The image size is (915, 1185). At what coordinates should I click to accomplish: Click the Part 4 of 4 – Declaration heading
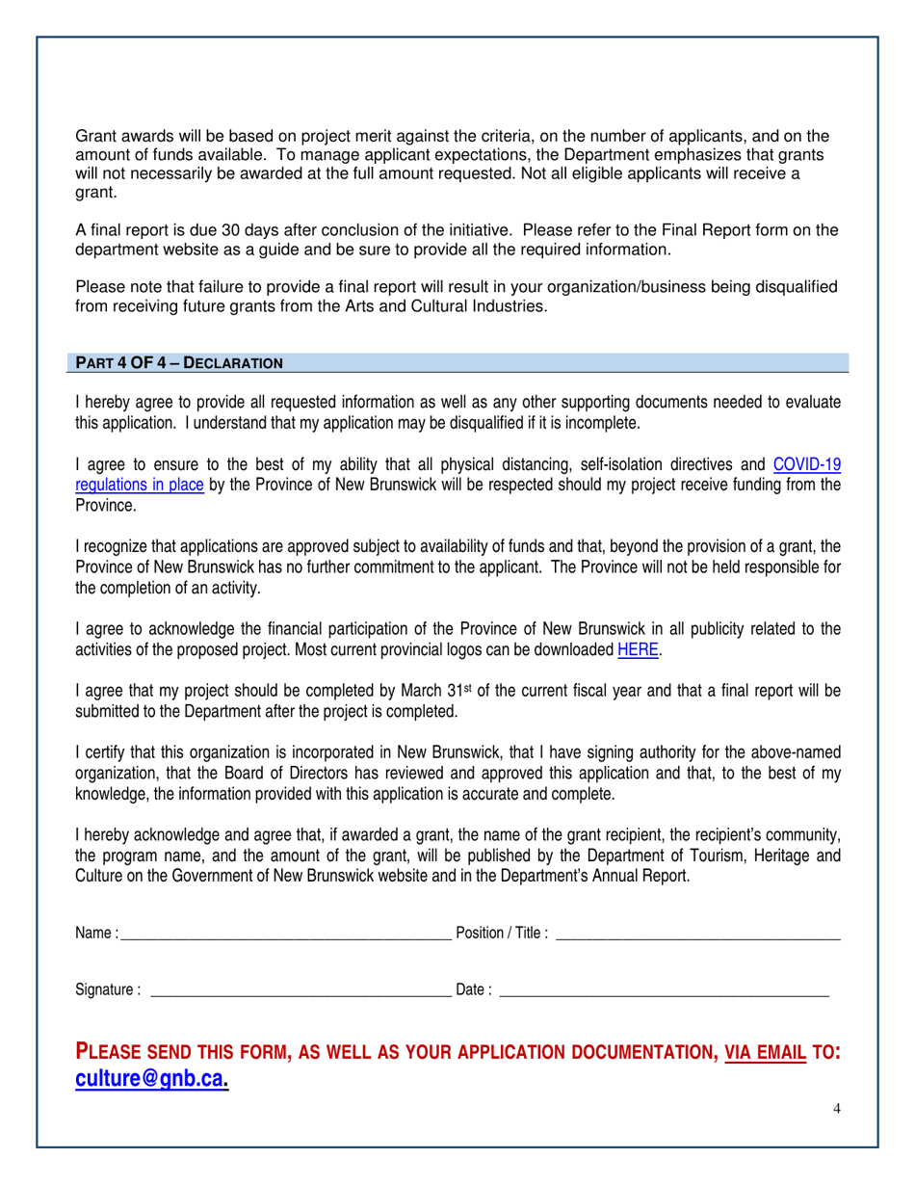point(179,363)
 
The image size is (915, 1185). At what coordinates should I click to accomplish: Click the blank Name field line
point(285,933)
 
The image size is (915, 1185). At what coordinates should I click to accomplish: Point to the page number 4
point(837,1109)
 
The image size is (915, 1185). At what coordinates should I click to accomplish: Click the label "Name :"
point(96,933)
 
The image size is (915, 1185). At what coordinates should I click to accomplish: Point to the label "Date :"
point(473,988)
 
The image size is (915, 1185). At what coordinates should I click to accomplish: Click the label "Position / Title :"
point(502,933)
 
